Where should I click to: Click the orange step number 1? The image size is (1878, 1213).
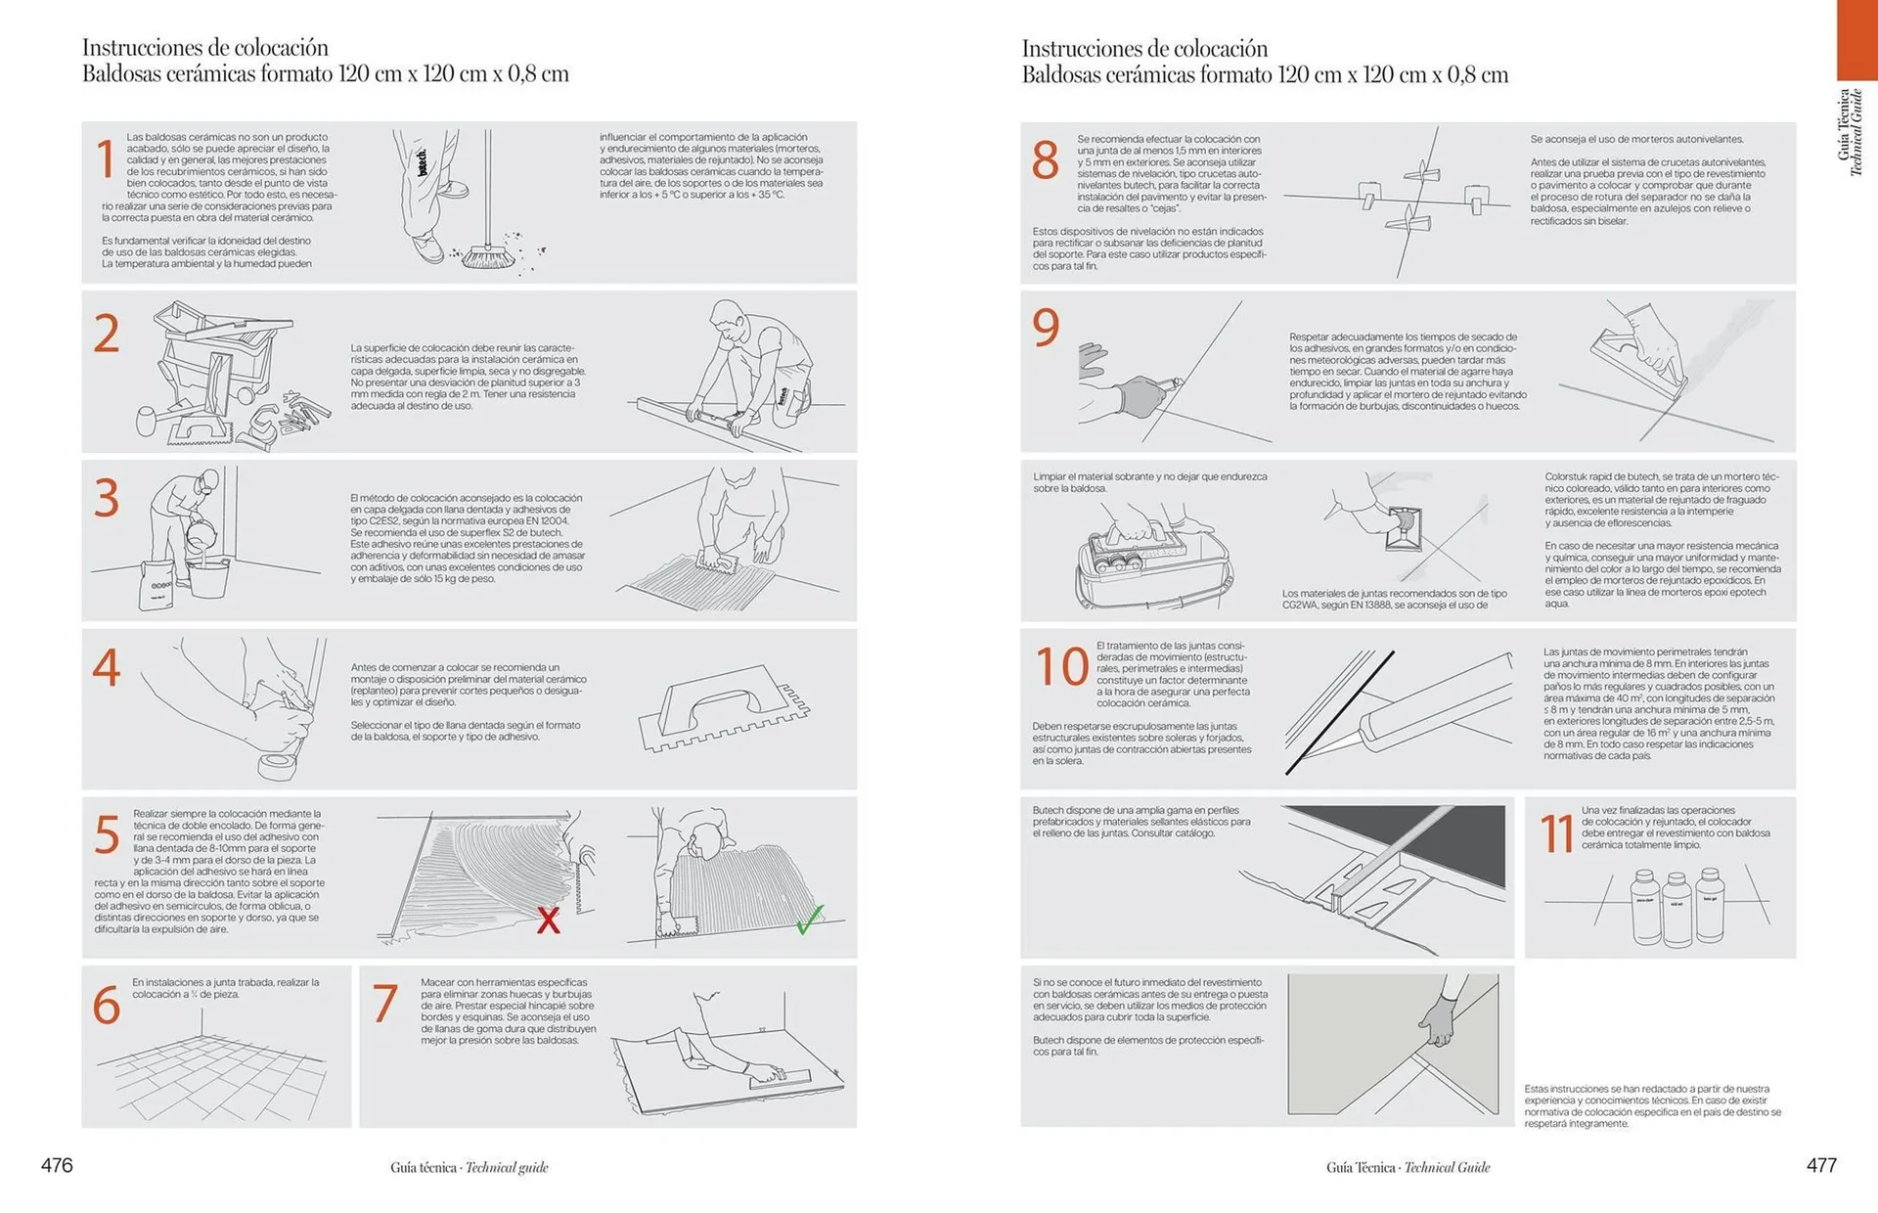coord(106,159)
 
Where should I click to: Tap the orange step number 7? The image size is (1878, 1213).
coord(385,1004)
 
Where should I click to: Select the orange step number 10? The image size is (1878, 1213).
coord(1061,667)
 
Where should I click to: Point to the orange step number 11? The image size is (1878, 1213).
coord(1556,834)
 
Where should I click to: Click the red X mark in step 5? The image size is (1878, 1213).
coord(549,920)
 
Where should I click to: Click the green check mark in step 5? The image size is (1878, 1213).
coord(809,920)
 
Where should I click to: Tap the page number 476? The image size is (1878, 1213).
coord(57,1165)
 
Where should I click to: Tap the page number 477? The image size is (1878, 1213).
coord(1821,1165)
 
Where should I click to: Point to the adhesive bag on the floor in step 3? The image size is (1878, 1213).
coord(156,585)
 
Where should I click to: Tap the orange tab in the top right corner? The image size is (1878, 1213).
coord(1856,39)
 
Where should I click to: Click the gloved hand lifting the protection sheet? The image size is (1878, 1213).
coord(1437,1022)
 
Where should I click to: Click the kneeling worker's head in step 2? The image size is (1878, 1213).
coord(727,318)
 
